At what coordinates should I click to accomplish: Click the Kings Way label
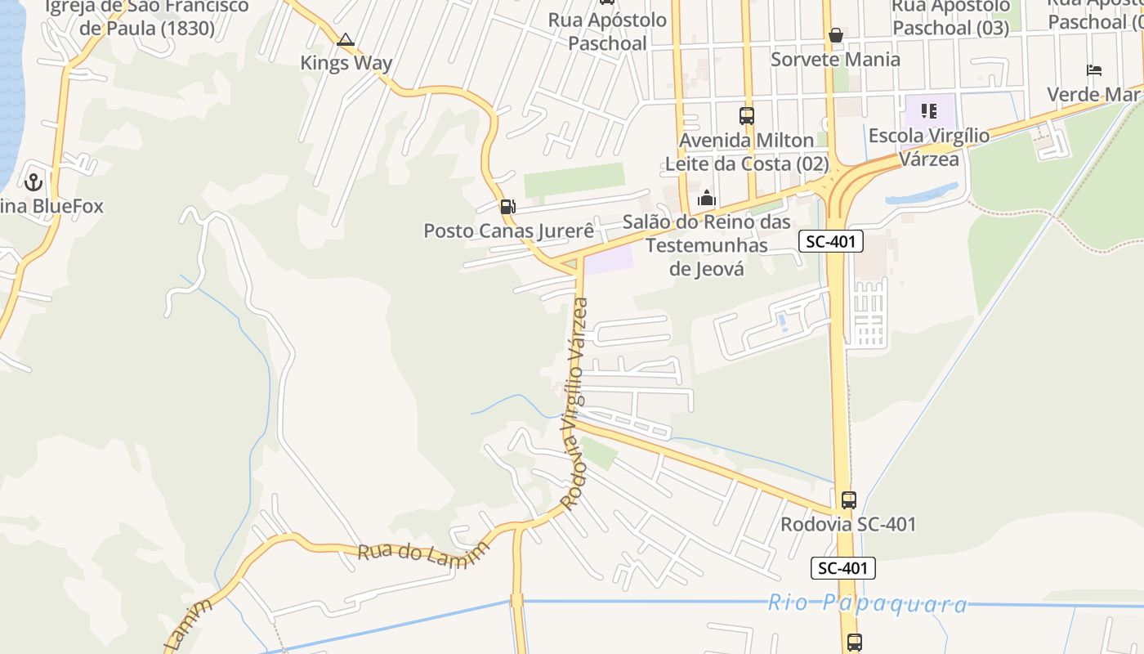(346, 63)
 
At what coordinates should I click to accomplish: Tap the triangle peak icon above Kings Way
(346, 39)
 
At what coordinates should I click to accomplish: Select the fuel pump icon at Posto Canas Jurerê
(507, 207)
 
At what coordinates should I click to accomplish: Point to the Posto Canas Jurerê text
(508, 231)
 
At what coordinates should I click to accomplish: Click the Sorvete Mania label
(835, 59)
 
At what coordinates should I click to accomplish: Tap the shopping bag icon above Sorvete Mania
(835, 35)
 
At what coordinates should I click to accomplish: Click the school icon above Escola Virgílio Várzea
(929, 110)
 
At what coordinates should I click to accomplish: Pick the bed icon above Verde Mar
(1094, 70)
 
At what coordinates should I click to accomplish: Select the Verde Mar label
(1093, 94)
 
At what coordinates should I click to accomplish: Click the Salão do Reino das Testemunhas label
(707, 244)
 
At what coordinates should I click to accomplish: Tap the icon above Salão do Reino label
(707, 198)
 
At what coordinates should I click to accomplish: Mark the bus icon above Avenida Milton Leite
(746, 116)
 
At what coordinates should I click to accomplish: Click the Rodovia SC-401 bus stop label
(848, 524)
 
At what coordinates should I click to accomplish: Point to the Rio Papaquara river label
(867, 603)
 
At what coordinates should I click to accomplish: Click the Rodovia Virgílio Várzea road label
(575, 402)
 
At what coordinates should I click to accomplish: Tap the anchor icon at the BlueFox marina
(34, 182)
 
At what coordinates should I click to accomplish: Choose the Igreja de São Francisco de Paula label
(147, 17)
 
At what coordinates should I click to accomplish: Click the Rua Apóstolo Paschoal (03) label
(950, 17)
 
